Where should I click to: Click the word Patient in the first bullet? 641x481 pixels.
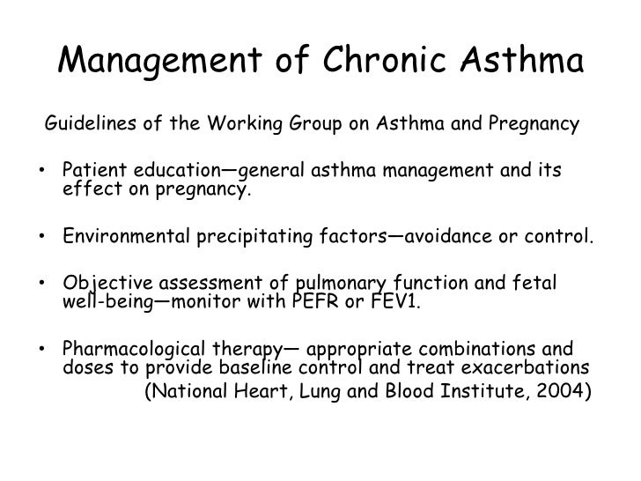(x=93, y=168)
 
